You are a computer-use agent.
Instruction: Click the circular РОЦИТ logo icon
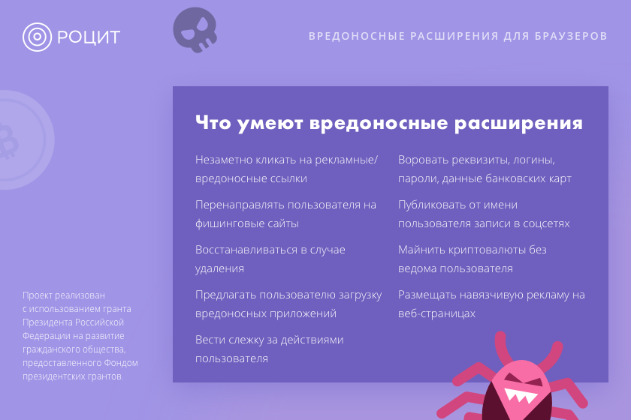(37, 37)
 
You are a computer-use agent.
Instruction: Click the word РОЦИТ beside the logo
(89, 37)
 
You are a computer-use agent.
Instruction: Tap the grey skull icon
(195, 30)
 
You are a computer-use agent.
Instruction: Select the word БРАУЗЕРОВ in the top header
(571, 36)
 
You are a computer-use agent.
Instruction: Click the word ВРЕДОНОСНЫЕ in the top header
(357, 36)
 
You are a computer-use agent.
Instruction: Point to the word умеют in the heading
(270, 123)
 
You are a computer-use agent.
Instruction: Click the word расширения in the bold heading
(518, 124)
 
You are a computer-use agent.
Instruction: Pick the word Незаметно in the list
(220, 160)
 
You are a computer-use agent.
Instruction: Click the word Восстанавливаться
(246, 250)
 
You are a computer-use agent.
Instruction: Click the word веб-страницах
(436, 313)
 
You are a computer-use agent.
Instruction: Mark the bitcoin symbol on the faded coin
(8, 141)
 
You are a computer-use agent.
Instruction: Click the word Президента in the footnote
(47, 322)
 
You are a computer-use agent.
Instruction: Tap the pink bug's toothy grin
(521, 394)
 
